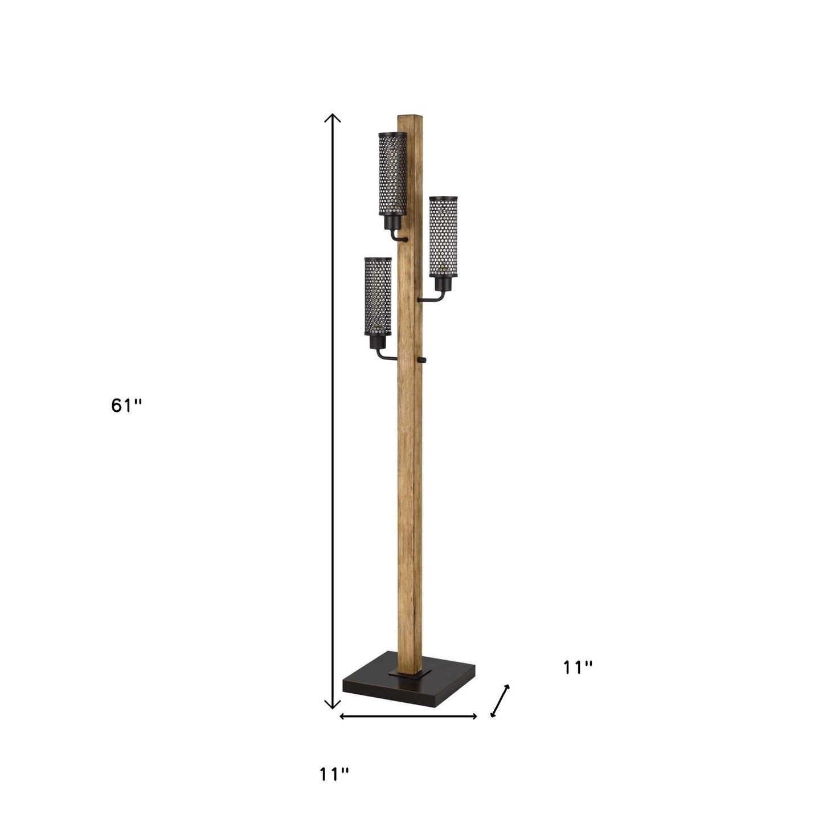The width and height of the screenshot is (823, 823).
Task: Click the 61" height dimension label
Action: [x=126, y=406]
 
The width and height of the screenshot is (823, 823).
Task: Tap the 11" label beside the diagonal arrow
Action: [x=578, y=668]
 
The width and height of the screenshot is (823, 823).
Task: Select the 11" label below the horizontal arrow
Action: [x=333, y=774]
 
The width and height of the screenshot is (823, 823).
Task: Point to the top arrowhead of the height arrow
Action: [x=332, y=117]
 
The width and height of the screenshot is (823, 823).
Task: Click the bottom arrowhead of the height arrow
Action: [x=332, y=706]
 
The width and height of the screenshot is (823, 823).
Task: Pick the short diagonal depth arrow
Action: [x=500, y=701]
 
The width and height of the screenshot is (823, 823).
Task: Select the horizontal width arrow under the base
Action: [x=408, y=716]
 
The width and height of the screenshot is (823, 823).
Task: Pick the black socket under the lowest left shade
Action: [x=377, y=342]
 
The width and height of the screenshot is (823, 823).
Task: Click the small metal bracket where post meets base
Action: [x=409, y=673]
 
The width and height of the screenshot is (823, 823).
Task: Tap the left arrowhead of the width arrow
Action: [x=341, y=716]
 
